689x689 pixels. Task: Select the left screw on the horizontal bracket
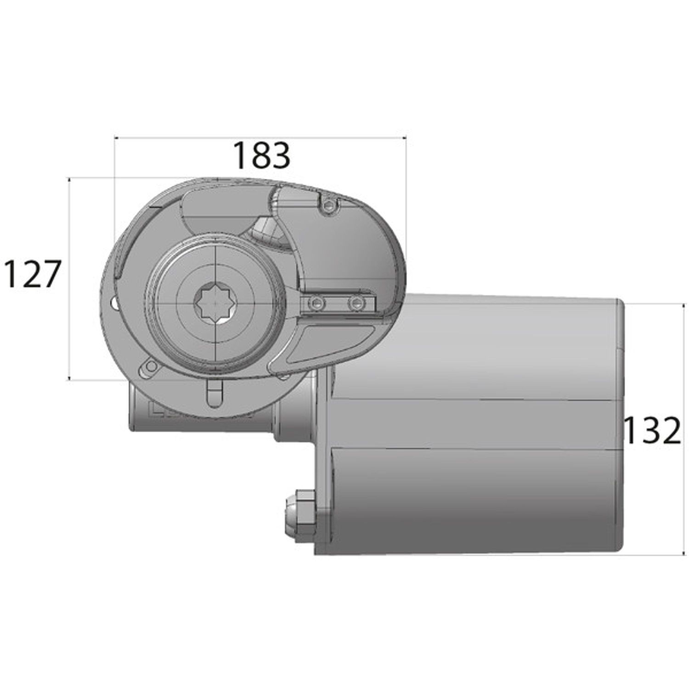tap(315, 303)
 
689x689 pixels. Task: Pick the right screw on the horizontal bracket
tap(355, 303)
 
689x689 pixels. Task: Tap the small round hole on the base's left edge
tap(113, 303)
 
